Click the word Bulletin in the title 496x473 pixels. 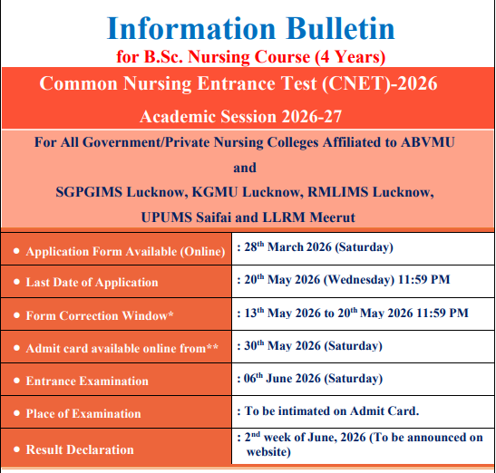pos(340,29)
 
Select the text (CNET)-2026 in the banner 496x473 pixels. pos(380,83)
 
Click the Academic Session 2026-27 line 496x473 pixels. pos(240,117)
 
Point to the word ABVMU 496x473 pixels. pos(428,142)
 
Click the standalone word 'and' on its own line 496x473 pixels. pos(245,168)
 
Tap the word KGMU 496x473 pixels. pos(215,192)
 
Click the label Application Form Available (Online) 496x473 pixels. pos(125,252)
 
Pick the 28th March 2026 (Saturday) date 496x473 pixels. pos(318,247)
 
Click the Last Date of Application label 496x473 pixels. pos(92,282)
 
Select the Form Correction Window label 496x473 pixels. pos(100,315)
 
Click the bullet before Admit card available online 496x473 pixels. pos(16,348)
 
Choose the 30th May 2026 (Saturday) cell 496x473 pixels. pos(313,346)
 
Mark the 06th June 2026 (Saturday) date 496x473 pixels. pos(313,379)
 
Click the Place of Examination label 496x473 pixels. pos(83,413)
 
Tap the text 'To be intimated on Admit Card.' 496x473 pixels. pos(332,411)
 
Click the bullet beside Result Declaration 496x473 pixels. pos(16,449)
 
